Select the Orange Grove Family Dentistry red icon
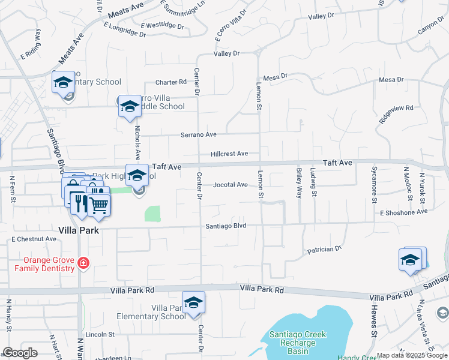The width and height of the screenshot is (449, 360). [83, 263]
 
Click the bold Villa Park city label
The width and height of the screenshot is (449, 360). [79, 230]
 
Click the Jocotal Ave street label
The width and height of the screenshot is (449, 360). [230, 185]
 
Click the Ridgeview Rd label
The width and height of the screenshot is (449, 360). [396, 114]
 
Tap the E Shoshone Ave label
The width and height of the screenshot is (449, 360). [403, 212]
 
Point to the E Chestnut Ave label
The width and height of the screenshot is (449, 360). [34, 239]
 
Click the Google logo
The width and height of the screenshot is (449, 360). [20, 353]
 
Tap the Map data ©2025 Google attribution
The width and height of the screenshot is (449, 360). [411, 355]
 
